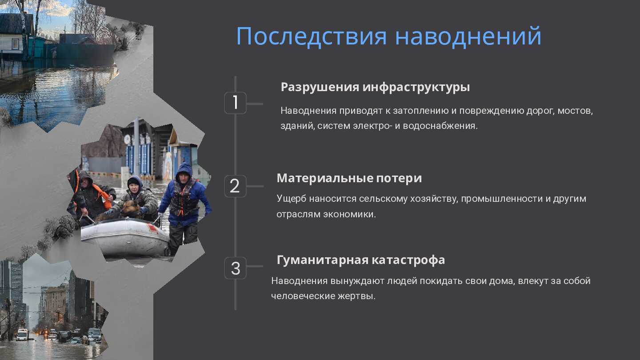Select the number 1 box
[235, 103]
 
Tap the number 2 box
[235, 186]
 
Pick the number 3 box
[235, 268]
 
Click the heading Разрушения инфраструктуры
[375, 87]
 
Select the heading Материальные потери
[349, 178]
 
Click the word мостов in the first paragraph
[575, 111]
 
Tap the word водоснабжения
[440, 126]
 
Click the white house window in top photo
[16, 44]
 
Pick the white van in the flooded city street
[22, 335]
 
